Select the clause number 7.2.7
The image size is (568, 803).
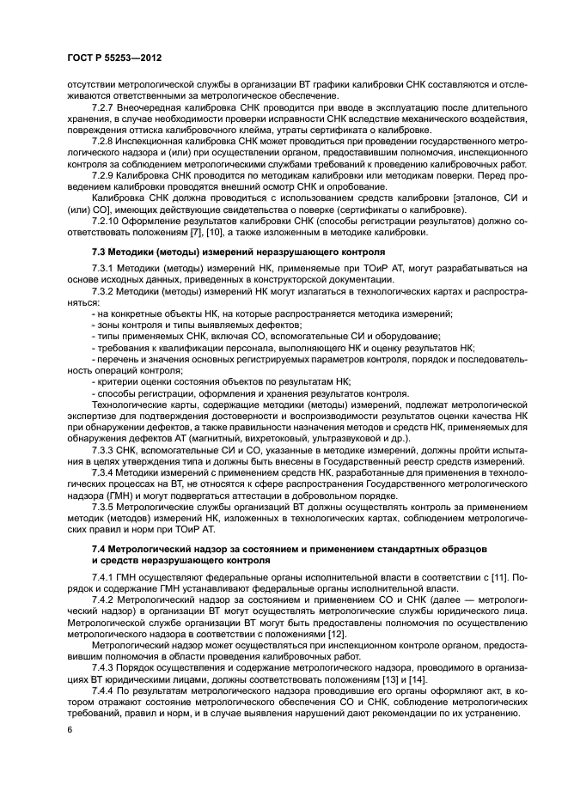pyautogui.click(x=106, y=111)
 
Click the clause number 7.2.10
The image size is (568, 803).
pyautogui.click(x=108, y=221)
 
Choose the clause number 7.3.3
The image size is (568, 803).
pyautogui.click(x=106, y=453)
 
